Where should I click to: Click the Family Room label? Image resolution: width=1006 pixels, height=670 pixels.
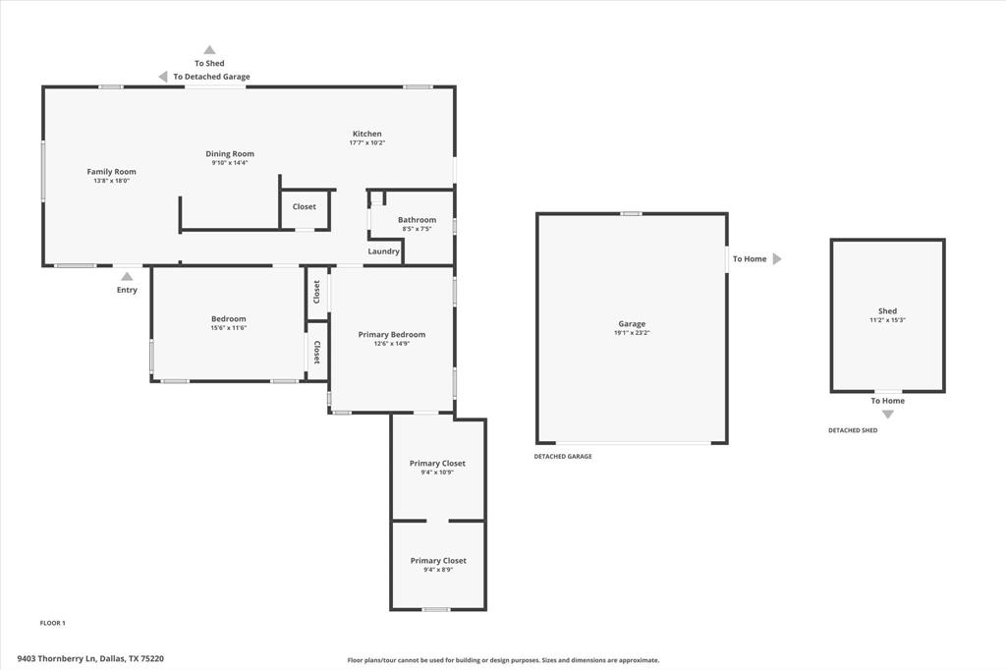(x=111, y=172)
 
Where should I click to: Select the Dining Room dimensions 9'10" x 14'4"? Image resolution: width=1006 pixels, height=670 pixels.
(x=230, y=163)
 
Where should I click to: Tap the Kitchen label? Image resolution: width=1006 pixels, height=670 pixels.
(x=367, y=134)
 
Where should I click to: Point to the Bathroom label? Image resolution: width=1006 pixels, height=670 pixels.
(x=417, y=220)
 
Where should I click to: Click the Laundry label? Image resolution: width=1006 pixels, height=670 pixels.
(x=383, y=251)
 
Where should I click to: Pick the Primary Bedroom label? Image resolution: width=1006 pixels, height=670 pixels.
(x=391, y=335)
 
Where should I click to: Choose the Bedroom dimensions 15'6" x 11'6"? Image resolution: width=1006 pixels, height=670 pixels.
(x=228, y=328)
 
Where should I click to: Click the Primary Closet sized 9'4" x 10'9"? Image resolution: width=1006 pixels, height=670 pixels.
(x=437, y=464)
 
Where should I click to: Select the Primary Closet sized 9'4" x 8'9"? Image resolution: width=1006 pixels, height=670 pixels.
(x=438, y=561)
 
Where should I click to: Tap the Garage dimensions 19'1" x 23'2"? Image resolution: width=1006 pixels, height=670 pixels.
(x=632, y=334)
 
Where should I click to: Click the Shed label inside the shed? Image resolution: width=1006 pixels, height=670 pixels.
(x=887, y=311)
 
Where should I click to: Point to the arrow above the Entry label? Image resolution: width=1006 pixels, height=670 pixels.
(x=127, y=277)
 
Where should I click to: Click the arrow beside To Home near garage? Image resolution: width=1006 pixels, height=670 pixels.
(x=777, y=259)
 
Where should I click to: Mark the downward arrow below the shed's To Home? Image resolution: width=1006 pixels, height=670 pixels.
(x=887, y=415)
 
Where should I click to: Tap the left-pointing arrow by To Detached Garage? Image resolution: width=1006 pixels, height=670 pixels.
(x=163, y=77)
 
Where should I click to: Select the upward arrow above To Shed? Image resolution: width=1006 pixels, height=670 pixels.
(x=209, y=49)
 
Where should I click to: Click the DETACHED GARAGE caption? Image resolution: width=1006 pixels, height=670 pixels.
(x=563, y=457)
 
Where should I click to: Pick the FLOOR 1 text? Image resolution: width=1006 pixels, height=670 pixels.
(x=52, y=623)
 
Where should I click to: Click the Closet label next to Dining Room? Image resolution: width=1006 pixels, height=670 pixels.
(x=305, y=207)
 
